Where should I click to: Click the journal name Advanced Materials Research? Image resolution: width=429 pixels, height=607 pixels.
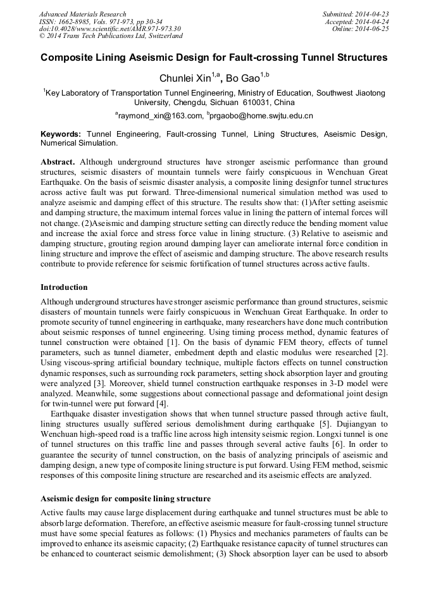pos(82,14)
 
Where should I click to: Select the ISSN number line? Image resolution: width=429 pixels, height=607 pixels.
pos(96,22)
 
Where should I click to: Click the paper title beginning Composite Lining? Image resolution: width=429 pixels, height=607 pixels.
pos(214,58)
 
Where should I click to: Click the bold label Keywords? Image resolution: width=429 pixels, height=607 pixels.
pos(61,134)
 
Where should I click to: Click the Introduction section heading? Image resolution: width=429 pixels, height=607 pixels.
pos(64,287)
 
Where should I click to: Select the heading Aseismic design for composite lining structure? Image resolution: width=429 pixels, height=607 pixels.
pos(125,499)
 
